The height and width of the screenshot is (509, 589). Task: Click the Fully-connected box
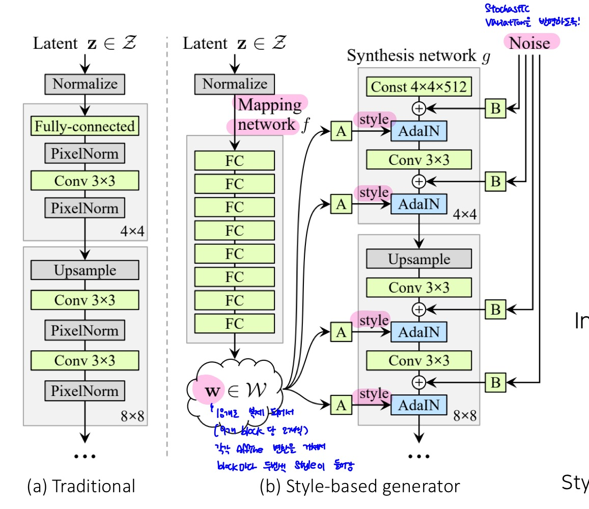(x=85, y=126)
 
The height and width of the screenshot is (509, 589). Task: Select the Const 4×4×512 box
(x=418, y=87)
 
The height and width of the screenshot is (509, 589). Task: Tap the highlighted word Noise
(x=530, y=43)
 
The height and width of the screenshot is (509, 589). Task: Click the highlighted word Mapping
(x=270, y=105)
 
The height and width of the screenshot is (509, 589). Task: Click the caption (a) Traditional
(x=81, y=486)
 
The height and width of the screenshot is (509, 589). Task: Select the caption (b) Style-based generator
(x=359, y=486)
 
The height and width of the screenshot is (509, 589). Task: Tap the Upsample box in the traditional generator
(x=85, y=270)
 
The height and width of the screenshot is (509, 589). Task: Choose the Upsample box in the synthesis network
(x=418, y=259)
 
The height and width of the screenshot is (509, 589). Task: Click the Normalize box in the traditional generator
(x=85, y=83)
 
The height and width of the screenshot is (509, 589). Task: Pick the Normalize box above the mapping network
(x=234, y=83)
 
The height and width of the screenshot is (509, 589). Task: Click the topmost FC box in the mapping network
(x=234, y=160)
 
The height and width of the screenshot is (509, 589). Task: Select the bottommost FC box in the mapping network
(x=234, y=323)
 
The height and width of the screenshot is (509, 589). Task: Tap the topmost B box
(x=495, y=108)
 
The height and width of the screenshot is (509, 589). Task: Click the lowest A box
(x=341, y=405)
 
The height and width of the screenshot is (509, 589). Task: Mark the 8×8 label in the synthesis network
(x=464, y=416)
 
